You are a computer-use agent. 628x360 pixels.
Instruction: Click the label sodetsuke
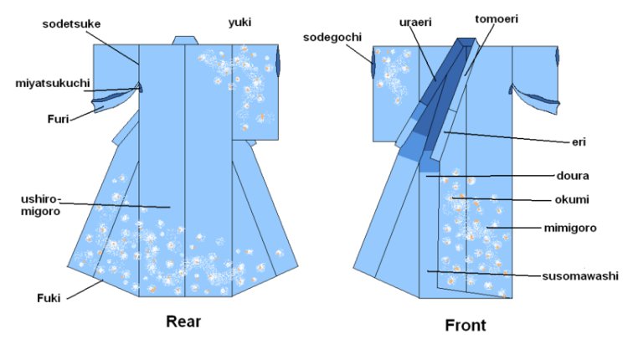71,23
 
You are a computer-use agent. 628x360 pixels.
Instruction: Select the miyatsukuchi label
49,83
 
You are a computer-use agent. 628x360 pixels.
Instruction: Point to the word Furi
56,119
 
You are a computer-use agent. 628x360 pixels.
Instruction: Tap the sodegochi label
332,39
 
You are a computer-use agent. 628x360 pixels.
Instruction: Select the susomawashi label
583,275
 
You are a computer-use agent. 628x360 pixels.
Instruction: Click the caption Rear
183,320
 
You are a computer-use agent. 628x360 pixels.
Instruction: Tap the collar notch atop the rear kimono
185,39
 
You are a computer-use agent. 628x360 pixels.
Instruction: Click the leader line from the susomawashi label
486,272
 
